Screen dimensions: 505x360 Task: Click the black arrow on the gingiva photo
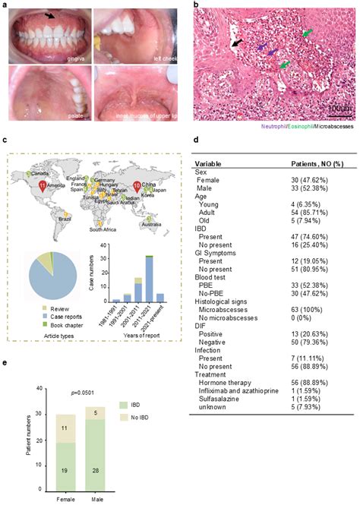point(49,14)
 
